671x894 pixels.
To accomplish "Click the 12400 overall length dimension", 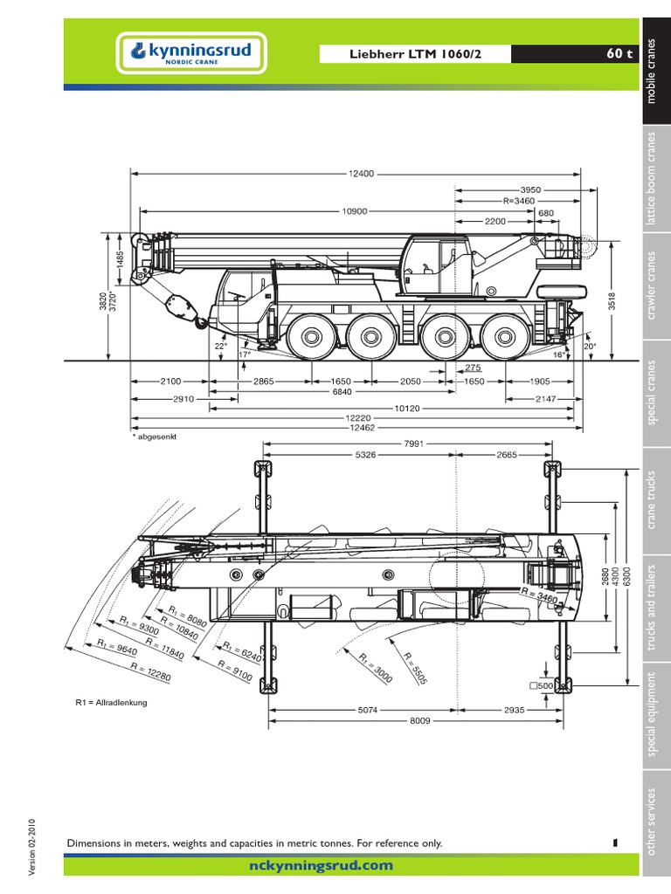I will [361, 174].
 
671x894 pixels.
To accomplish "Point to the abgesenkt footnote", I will [155, 437].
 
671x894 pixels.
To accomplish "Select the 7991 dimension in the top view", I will [414, 444].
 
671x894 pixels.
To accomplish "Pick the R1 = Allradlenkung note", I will [110, 702].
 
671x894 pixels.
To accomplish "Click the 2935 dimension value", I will [513, 711].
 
